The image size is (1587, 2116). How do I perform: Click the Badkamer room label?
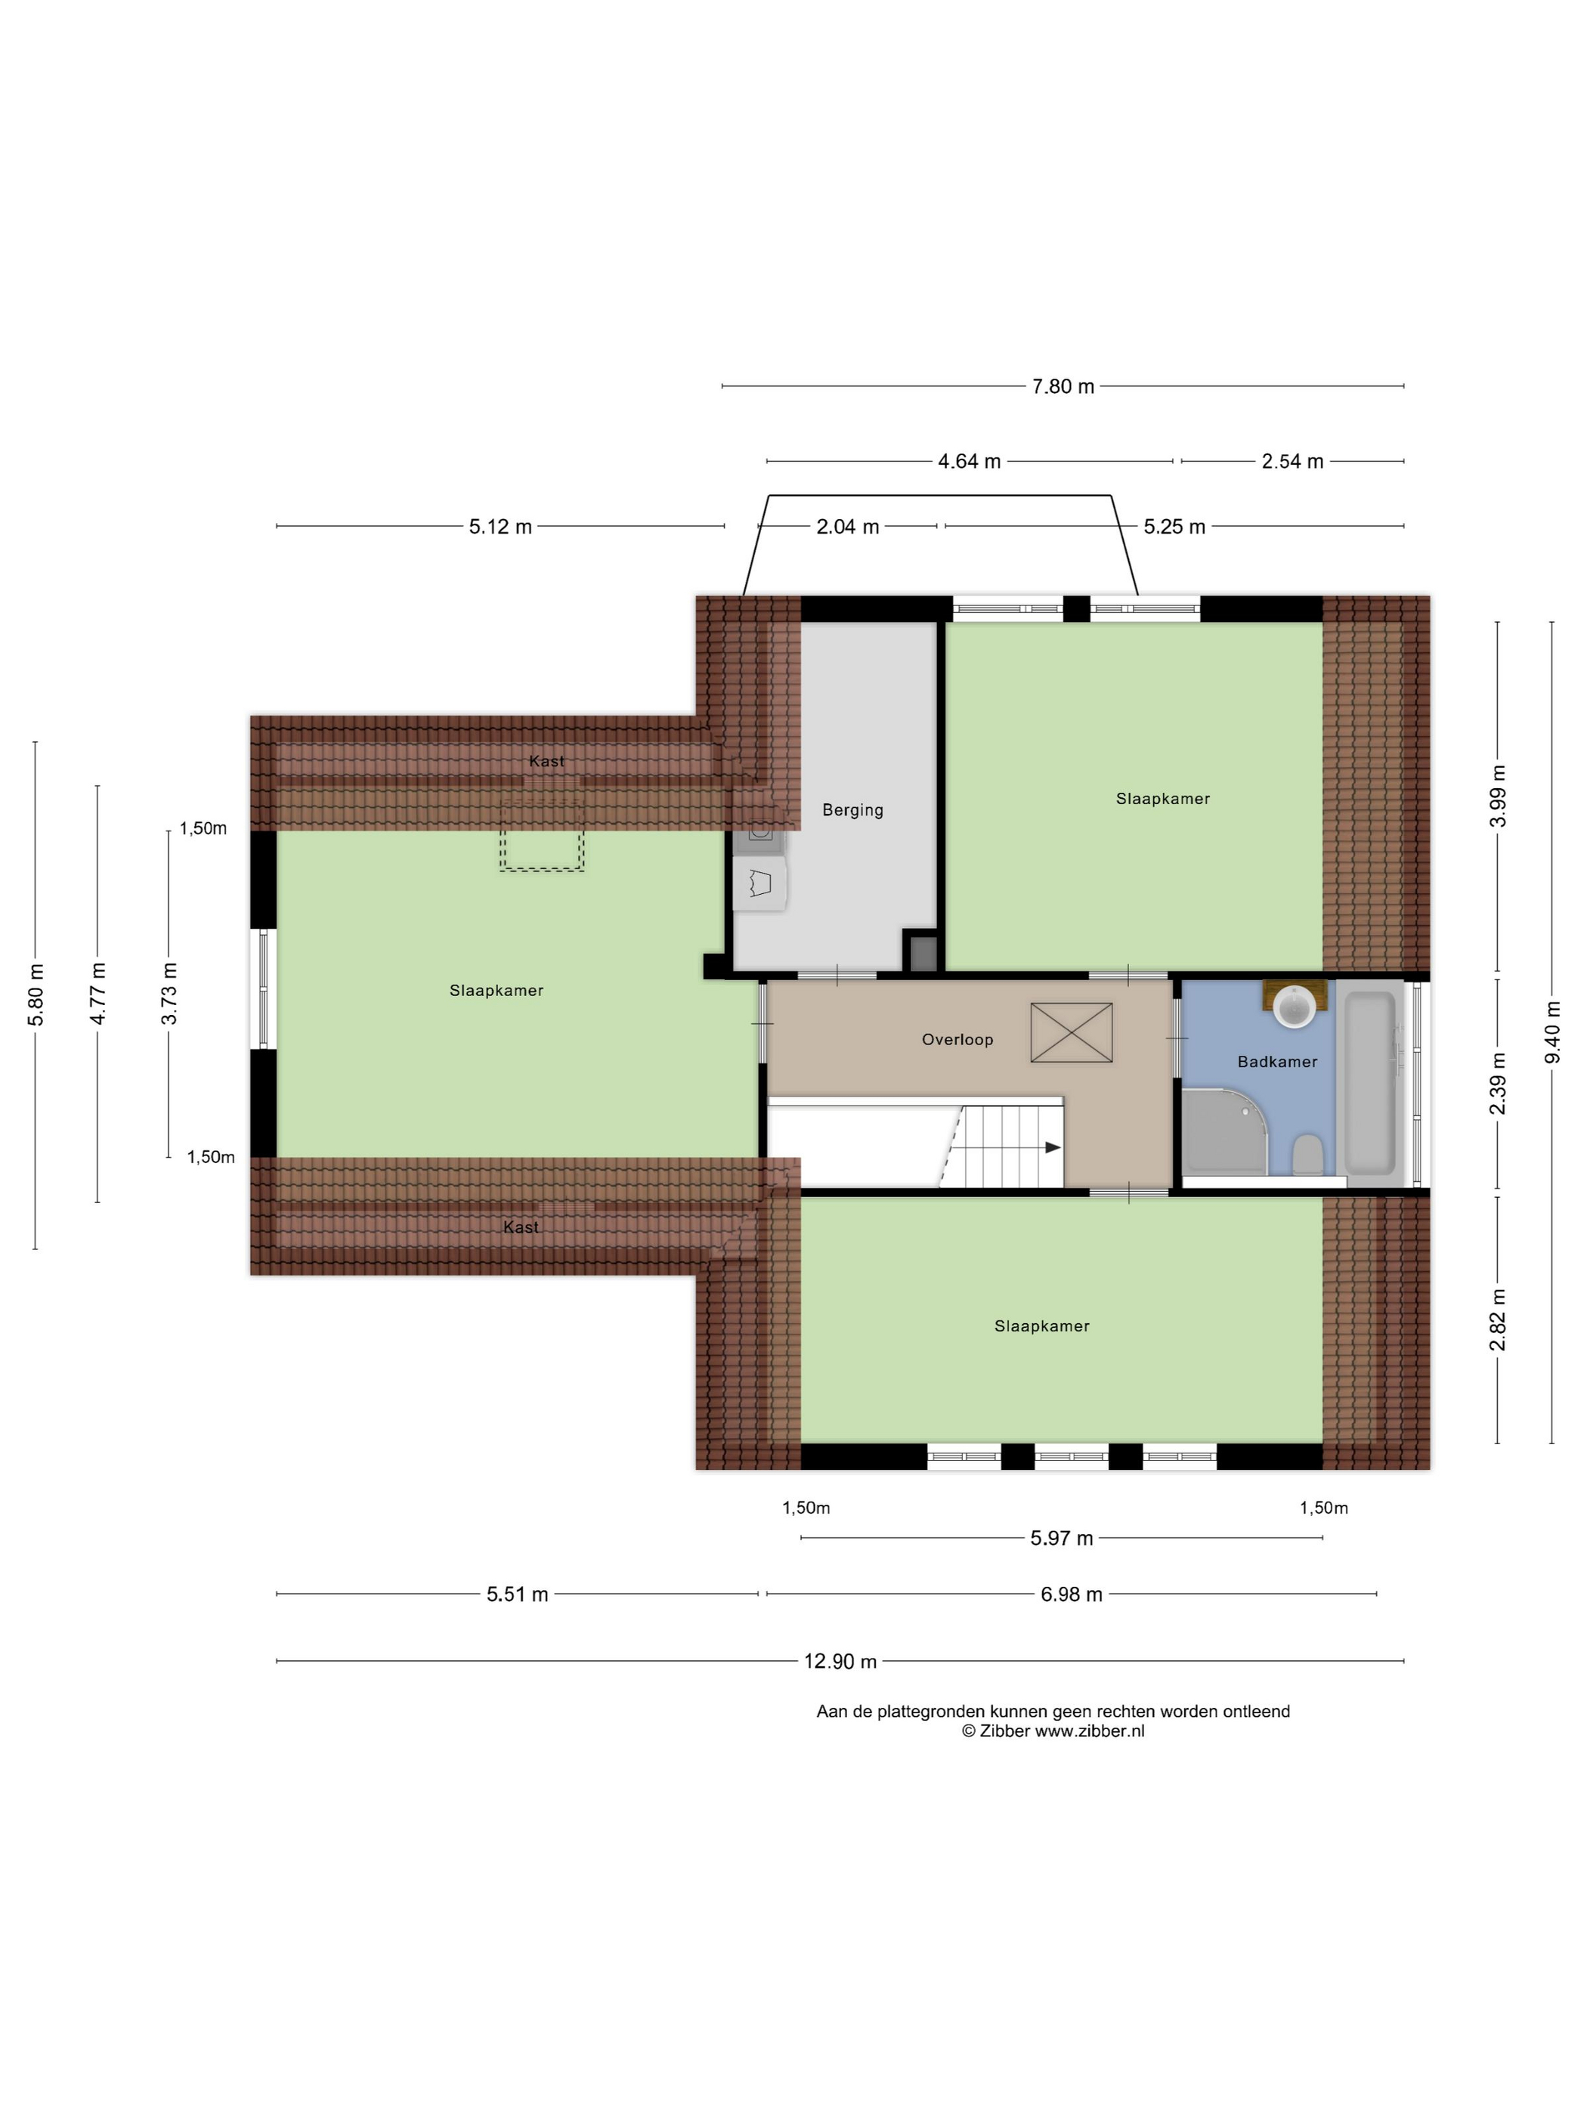(1277, 1061)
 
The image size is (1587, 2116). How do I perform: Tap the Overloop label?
(957, 1039)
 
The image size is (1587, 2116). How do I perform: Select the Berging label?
(852, 810)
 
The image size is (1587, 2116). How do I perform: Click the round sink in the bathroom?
(1295, 1007)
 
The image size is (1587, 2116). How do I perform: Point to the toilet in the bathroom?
(1307, 1154)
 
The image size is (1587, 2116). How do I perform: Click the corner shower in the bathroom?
(1224, 1131)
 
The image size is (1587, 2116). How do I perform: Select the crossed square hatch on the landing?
(1070, 1032)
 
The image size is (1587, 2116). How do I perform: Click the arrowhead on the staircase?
(1052, 1147)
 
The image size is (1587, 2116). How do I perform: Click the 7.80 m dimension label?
(1063, 386)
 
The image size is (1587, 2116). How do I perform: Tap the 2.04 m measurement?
(848, 526)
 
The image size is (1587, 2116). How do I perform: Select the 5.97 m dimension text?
(1062, 1538)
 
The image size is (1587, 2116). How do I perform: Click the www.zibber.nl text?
(1089, 1731)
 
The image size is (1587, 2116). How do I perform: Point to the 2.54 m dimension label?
(1292, 461)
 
